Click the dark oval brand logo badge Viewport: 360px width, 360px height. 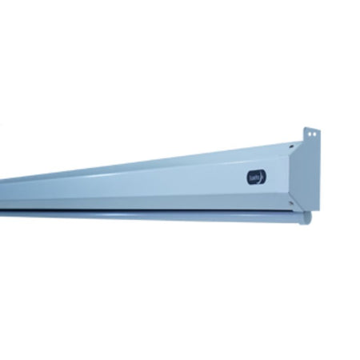click(x=257, y=178)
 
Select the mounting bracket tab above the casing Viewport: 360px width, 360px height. click(x=312, y=135)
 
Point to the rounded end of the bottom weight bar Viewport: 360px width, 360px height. click(x=306, y=218)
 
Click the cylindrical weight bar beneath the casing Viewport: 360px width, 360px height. click(x=160, y=214)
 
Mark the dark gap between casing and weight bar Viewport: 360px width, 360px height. click(x=160, y=209)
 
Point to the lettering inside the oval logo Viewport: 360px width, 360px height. click(x=254, y=178)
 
